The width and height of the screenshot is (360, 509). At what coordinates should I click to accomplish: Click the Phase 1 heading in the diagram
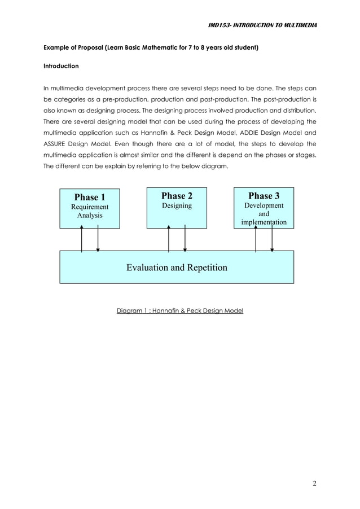90,197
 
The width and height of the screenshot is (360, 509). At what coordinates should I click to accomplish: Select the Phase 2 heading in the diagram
177,195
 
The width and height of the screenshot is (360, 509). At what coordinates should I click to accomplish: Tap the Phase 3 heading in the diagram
264,195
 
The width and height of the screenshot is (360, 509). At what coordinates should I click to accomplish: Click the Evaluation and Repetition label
177,267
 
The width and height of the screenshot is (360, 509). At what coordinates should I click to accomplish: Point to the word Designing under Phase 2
177,206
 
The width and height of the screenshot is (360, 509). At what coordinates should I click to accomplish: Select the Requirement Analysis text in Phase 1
90,211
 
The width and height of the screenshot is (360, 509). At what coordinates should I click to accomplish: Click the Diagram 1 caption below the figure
179,310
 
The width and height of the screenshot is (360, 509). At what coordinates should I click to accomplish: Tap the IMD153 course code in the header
219,25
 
